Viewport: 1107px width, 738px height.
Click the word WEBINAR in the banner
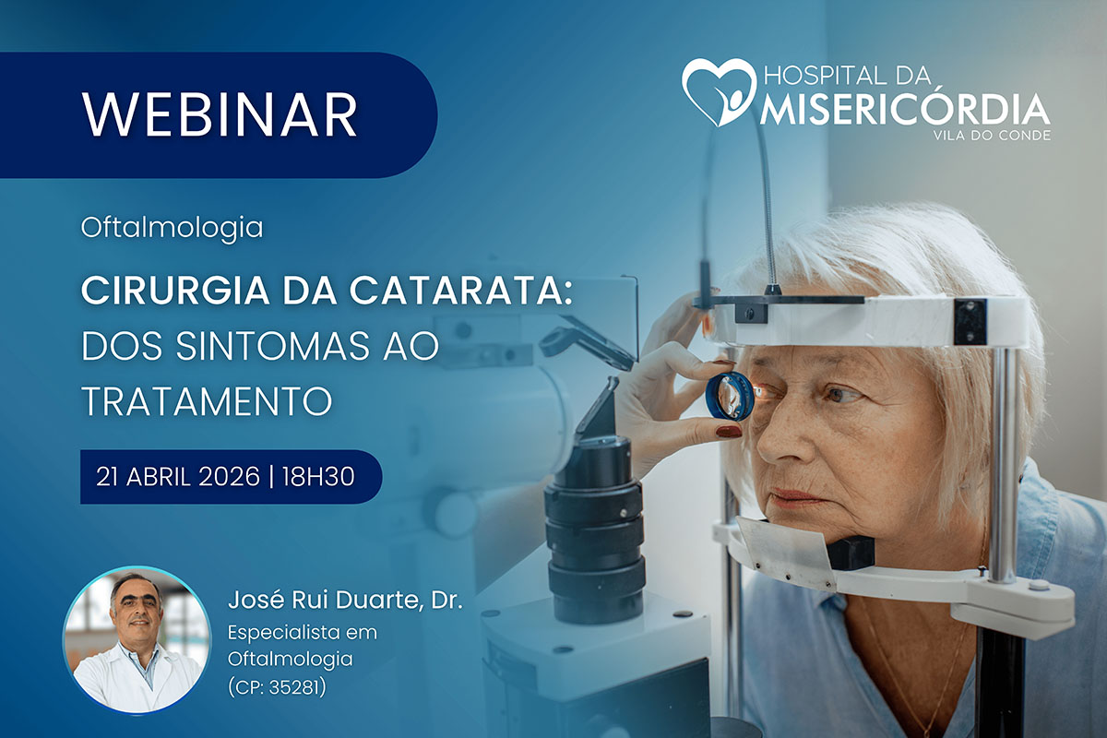click(x=219, y=114)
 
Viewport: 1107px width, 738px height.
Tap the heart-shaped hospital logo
click(x=718, y=91)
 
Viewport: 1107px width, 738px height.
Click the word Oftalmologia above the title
click(x=172, y=227)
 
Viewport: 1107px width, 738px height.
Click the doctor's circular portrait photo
click(x=136, y=639)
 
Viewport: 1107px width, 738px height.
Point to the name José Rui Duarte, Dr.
click(x=344, y=602)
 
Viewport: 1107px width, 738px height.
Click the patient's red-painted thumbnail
click(x=729, y=430)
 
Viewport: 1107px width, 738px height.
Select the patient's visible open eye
click(x=841, y=395)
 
